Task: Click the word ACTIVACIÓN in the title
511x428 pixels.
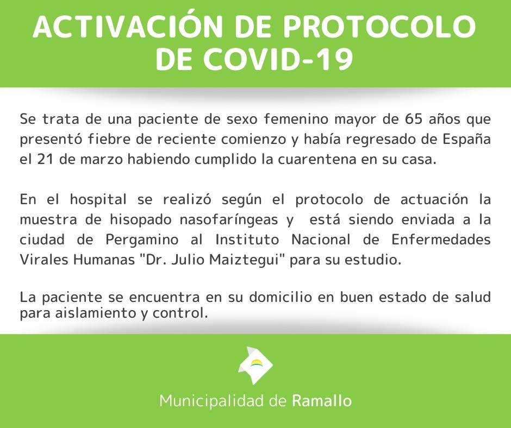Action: point(127,26)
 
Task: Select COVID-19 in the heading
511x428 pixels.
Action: point(279,59)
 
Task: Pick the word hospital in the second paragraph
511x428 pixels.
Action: point(98,199)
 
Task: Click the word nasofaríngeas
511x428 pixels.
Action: point(229,221)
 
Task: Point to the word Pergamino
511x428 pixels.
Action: point(142,241)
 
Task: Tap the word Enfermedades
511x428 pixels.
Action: point(441,240)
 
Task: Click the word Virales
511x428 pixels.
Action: point(45,260)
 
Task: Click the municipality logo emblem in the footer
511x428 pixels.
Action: point(255,365)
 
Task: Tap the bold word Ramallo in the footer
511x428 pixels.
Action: point(322,401)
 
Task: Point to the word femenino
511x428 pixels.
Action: point(296,119)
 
